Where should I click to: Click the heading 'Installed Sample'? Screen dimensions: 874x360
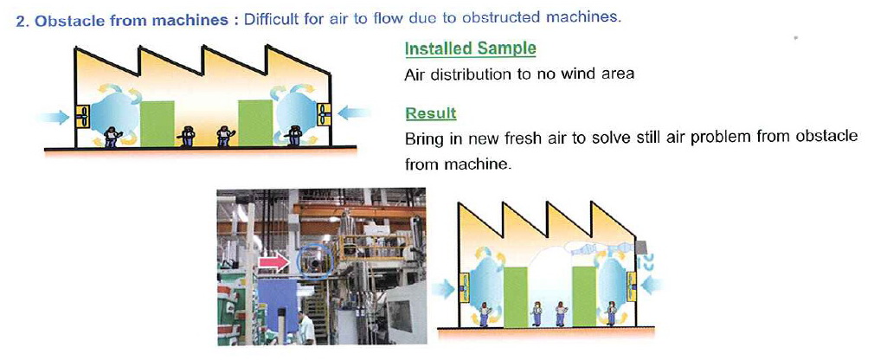[x=470, y=49]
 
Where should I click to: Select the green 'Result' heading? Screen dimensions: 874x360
[x=430, y=113]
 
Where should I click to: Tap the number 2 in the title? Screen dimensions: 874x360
[x=21, y=22]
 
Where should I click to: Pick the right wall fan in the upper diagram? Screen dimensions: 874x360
[x=324, y=115]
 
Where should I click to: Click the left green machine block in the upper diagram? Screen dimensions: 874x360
[x=157, y=124]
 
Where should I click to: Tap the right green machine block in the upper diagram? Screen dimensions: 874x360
[x=255, y=123]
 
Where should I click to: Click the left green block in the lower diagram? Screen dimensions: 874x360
[x=516, y=297]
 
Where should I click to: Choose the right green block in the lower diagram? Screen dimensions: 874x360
[x=584, y=297]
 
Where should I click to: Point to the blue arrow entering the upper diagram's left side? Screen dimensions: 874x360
[x=53, y=118]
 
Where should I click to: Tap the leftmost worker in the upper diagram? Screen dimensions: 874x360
[x=112, y=137]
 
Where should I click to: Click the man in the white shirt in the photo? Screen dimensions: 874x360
[x=305, y=328]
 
